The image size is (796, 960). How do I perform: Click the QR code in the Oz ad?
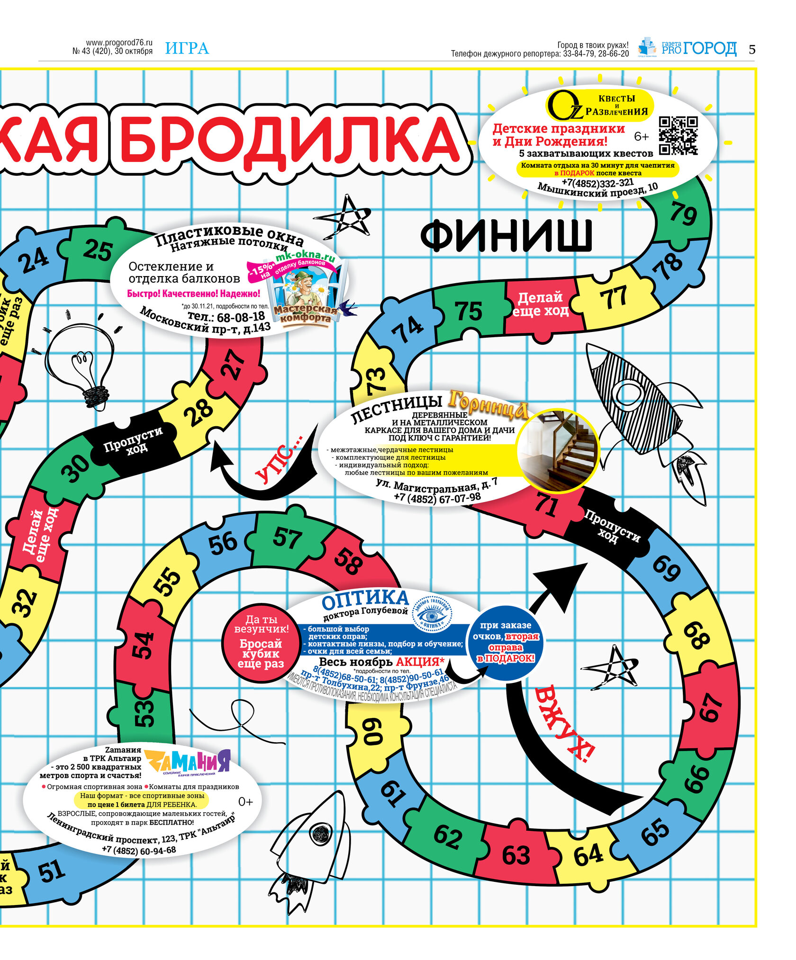click(x=678, y=136)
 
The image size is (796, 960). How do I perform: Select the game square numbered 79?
click(x=683, y=214)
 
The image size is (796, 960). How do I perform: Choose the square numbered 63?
click(x=516, y=855)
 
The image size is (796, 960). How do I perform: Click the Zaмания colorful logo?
click(x=188, y=761)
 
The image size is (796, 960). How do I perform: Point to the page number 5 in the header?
click(x=752, y=49)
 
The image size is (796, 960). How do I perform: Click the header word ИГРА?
click(x=187, y=48)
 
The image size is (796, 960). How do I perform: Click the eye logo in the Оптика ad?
click(x=431, y=614)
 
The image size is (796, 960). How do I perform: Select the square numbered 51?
click(x=52, y=871)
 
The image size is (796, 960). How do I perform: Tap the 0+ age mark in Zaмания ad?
click(x=245, y=802)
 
